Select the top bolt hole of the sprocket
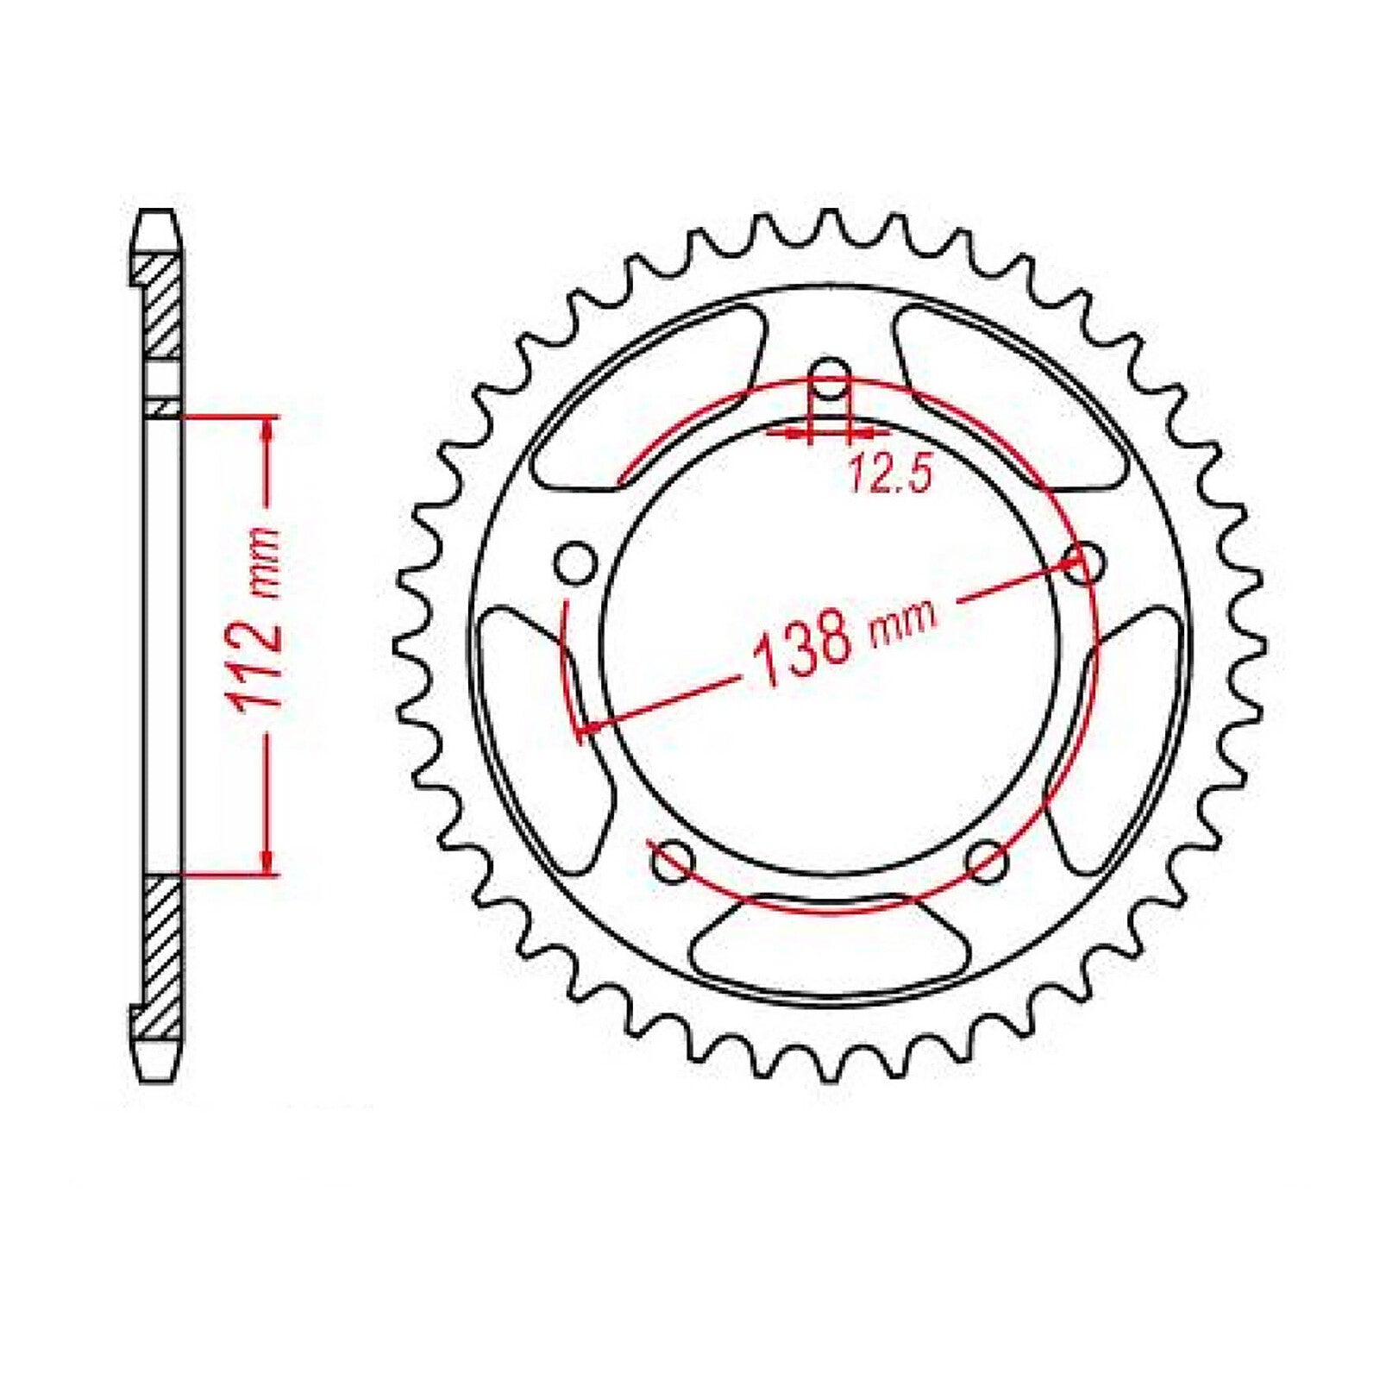click(x=830, y=378)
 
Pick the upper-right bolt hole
click(x=1085, y=565)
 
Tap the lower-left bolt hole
click(x=673, y=861)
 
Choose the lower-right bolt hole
click(x=986, y=861)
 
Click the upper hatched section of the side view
click(x=162, y=306)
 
